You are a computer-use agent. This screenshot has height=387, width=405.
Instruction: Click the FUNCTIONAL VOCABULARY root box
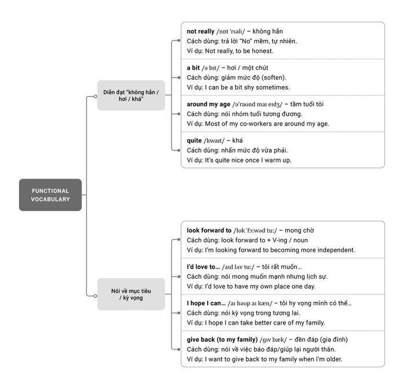(x=50, y=195)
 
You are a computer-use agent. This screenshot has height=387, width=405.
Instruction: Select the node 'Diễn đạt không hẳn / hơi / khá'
(x=131, y=95)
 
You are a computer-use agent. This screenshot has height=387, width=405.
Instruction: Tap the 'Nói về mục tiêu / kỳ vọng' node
(x=131, y=294)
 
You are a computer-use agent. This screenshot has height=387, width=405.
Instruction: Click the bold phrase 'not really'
(x=200, y=31)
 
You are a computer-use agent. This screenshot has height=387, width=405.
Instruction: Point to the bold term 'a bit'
(x=193, y=68)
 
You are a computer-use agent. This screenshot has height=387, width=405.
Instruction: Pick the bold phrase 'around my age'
(x=208, y=104)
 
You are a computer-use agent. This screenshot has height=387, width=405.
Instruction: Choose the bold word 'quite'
(x=194, y=141)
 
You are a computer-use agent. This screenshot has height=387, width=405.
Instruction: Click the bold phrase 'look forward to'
(x=209, y=230)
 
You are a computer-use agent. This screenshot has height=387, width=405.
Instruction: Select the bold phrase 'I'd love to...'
(x=203, y=267)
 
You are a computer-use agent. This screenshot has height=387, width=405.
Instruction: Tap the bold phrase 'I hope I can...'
(x=206, y=303)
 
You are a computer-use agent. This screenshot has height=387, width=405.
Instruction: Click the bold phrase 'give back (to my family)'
(x=222, y=340)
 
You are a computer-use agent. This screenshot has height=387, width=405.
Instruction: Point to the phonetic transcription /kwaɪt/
(x=214, y=141)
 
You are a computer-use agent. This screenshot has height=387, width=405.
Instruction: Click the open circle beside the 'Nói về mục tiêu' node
(x=95, y=296)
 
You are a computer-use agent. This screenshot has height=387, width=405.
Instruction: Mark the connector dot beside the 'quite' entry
(x=179, y=150)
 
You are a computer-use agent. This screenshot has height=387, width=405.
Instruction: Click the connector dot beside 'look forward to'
(x=179, y=239)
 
